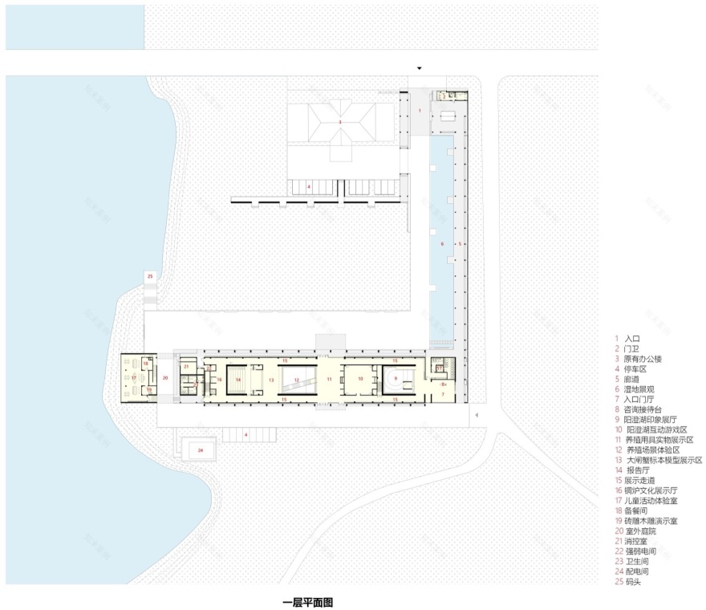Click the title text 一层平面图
pos(307,601)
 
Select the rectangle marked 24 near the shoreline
pos(200,450)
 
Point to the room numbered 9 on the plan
pos(396,378)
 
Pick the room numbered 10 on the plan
pos(361,378)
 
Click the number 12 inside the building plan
pos(296,380)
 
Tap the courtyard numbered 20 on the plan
pos(165,376)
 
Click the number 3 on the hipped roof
pos(339,122)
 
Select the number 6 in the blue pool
pos(440,242)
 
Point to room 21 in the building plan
pos(186,367)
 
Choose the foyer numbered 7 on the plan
pos(442,394)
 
